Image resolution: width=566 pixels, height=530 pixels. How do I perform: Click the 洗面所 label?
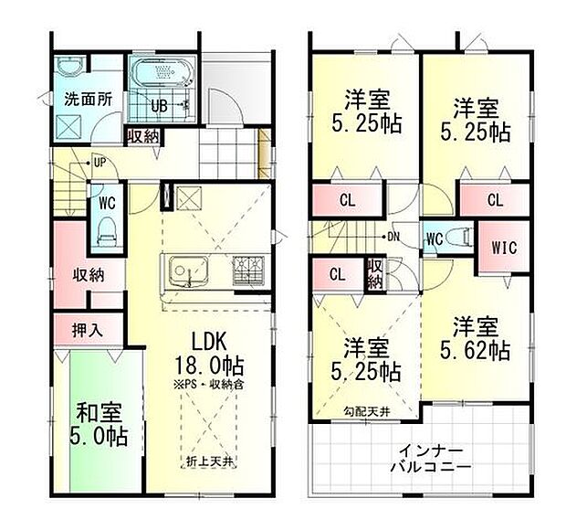pos(88,101)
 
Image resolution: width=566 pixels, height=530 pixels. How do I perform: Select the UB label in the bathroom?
pos(158,106)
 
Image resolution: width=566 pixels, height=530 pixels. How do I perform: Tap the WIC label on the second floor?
pos(504,247)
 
